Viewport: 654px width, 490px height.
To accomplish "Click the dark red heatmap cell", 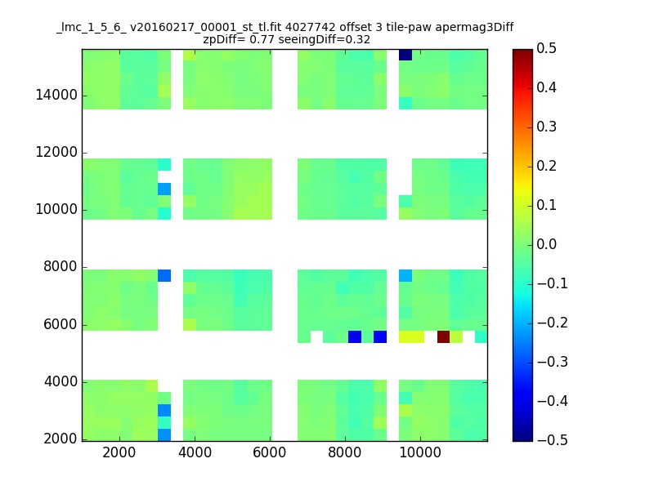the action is pos(443,336).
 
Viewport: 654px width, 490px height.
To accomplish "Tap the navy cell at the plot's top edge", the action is pos(405,55).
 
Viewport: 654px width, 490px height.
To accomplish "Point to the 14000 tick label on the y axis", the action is pos(56,96).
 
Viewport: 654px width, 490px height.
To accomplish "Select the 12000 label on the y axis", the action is pos(56,153).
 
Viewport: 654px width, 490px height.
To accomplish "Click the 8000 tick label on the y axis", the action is pos(60,267).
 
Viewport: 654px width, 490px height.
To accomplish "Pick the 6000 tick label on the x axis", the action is pos(270,452).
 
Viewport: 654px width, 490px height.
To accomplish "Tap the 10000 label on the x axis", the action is pos(420,452).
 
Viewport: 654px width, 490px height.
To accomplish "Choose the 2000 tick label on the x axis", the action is pos(119,452).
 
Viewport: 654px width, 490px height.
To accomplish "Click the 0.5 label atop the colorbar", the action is pos(546,49).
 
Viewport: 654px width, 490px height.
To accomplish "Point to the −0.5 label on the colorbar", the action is pos(553,440).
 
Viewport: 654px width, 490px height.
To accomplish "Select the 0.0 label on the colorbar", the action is pos(546,244).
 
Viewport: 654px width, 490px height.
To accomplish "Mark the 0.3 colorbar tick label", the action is pos(546,127).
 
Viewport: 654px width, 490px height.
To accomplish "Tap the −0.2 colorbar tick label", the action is pos(553,323).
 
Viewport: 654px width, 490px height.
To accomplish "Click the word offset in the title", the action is pos(356,28).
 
